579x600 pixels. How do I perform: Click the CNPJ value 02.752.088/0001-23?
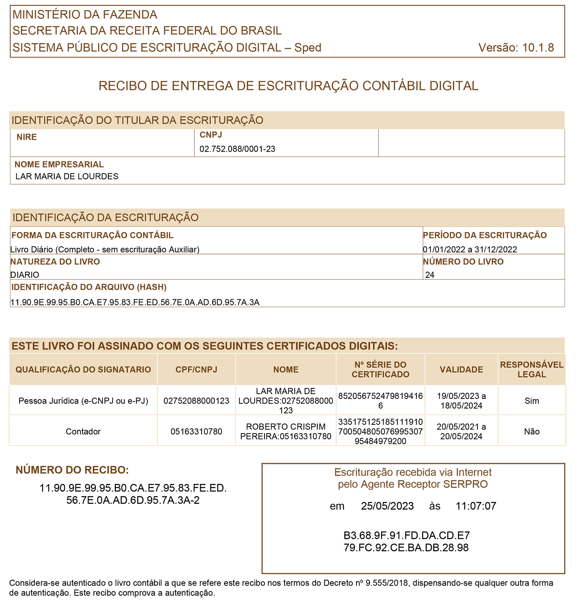click(x=237, y=149)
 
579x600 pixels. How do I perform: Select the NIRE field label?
click(x=27, y=137)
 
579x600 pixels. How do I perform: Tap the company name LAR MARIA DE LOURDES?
click(x=67, y=177)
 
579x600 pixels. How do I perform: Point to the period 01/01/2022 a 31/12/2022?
click(x=470, y=249)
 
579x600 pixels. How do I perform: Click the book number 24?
click(x=430, y=275)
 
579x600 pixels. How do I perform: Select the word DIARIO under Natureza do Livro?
click(x=25, y=275)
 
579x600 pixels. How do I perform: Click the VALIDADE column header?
click(x=461, y=369)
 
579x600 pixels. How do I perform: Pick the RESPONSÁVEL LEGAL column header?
click(x=532, y=369)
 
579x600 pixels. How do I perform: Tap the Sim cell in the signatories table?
click(x=532, y=401)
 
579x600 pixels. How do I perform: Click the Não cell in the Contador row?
click(x=532, y=431)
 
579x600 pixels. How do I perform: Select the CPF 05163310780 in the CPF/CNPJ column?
click(x=196, y=431)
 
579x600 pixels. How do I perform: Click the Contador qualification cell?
click(x=83, y=431)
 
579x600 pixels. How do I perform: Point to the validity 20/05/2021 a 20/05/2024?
click(x=461, y=431)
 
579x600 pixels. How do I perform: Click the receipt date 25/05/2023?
click(x=387, y=506)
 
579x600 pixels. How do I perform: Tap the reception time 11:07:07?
click(x=476, y=506)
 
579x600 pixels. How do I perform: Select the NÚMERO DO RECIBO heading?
click(x=72, y=470)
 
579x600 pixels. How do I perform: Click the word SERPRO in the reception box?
click(x=465, y=484)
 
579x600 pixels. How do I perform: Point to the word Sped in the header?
click(x=308, y=48)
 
